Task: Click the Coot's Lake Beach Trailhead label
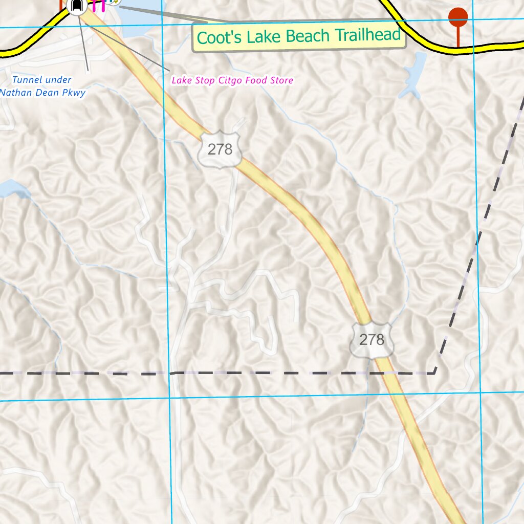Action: pyautogui.click(x=299, y=36)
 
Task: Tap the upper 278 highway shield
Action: pyautogui.click(x=220, y=149)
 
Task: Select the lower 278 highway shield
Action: pyautogui.click(x=372, y=339)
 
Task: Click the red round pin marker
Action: pyautogui.click(x=457, y=17)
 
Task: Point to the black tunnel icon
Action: pyautogui.click(x=77, y=6)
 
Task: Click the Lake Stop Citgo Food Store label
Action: pyautogui.click(x=232, y=80)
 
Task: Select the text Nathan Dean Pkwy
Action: pyautogui.click(x=43, y=93)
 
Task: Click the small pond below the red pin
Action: pyautogui.click(x=414, y=74)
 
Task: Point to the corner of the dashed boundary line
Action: pyautogui.click(x=434, y=373)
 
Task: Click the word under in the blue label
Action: pyautogui.click(x=58, y=80)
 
